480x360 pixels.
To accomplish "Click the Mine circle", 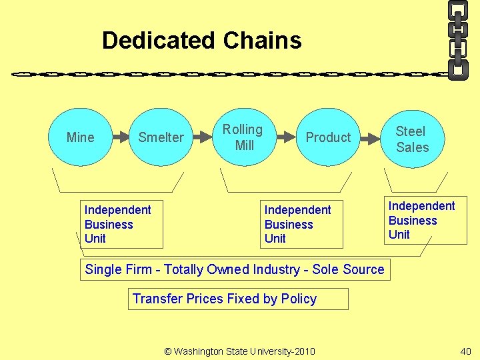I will pos(81,137).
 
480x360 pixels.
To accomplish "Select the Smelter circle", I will pos(161,137).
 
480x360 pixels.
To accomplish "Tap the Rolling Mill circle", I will pos(243,137).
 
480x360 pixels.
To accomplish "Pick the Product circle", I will pos(328,137).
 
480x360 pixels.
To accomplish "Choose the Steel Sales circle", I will pos(412,139).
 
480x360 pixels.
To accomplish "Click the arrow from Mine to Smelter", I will pos(120,137).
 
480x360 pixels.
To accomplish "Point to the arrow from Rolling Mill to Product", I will pos(285,137).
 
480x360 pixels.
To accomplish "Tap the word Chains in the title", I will pos(263,41).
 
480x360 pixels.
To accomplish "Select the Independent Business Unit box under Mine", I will pos(121,224).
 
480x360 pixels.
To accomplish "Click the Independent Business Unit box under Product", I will pos(301,224).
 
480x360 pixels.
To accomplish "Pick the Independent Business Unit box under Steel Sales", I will pos(425,220).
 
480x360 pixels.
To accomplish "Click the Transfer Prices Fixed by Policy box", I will pos(238,299).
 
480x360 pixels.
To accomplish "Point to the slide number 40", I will pos(465,351).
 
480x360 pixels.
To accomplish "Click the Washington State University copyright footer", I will pos(239,351).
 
